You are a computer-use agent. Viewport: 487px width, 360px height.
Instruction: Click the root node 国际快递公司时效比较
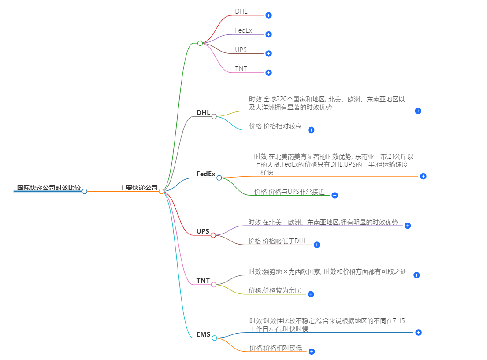[49, 188]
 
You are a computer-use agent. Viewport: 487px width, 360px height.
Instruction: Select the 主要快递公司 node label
[138, 188]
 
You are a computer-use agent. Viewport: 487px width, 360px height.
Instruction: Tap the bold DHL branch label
[203, 113]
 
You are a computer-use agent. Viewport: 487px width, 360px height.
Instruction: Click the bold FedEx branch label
[206, 174]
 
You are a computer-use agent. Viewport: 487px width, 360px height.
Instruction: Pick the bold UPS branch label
[203, 231]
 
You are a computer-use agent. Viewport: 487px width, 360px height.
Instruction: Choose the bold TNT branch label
[203, 281]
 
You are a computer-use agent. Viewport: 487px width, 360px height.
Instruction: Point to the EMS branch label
[204, 334]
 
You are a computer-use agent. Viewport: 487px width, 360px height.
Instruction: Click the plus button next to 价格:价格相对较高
[311, 130]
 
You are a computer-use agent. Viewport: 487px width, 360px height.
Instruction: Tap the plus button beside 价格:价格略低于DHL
[316, 245]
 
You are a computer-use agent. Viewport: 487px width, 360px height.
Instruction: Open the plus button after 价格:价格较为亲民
[311, 294]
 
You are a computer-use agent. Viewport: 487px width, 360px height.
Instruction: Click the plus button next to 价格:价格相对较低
[312, 352]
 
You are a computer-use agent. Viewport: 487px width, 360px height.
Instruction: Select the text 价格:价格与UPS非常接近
[289, 192]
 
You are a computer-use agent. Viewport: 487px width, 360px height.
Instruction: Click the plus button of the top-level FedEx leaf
[268, 34]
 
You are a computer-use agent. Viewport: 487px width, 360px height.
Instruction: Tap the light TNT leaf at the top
[241, 69]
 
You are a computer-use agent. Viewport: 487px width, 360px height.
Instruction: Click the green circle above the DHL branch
[200, 43]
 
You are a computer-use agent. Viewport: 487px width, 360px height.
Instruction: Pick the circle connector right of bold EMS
[215, 338]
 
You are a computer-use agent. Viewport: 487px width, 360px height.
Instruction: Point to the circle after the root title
[85, 191]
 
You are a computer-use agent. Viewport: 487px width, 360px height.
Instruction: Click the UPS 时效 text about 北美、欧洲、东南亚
[323, 222]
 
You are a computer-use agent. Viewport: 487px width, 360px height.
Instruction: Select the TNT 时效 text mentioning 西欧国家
[327, 271]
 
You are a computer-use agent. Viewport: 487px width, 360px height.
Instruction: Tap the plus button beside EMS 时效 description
[419, 332]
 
